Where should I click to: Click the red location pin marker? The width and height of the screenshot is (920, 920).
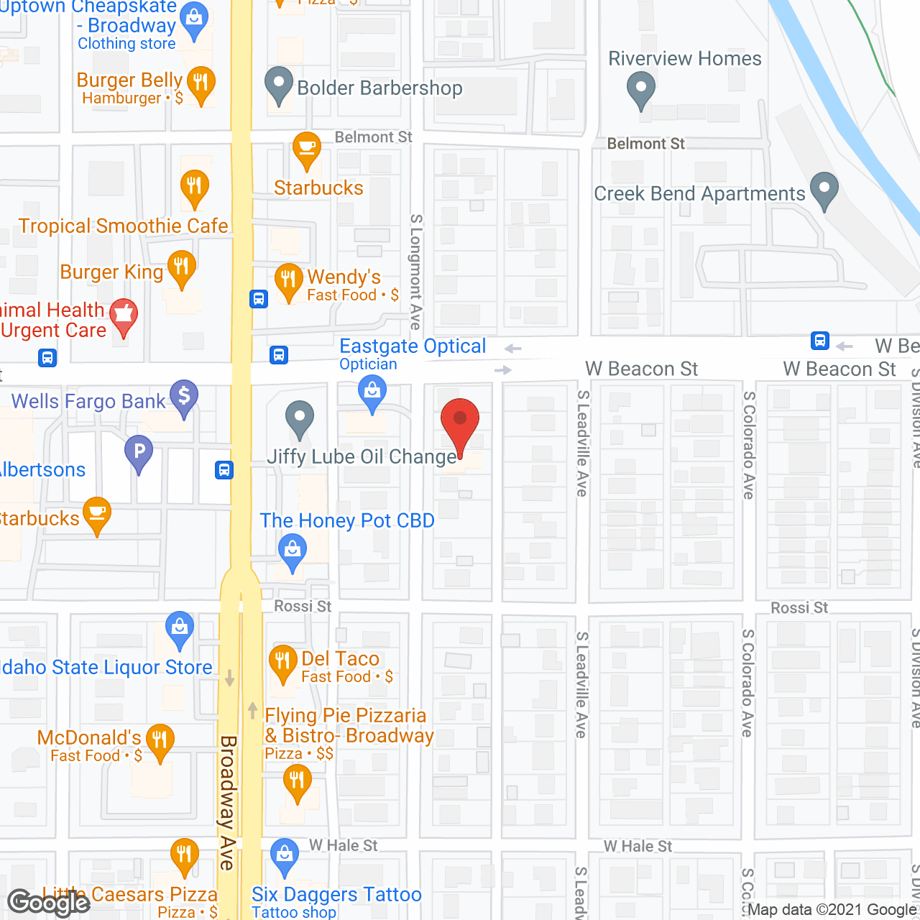pos(460,423)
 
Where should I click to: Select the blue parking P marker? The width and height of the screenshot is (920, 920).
pos(139,453)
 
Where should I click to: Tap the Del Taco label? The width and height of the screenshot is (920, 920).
pos(340,658)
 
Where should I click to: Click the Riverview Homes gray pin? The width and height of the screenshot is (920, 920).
pos(640,91)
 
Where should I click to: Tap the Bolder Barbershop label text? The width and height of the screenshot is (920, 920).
pos(379,88)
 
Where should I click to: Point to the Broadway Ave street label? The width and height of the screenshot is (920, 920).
pos(228,801)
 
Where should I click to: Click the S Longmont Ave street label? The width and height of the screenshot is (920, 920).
pos(415,271)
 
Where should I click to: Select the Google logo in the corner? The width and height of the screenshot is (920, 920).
pos(49,902)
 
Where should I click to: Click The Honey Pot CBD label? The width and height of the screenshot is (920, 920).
pos(347,520)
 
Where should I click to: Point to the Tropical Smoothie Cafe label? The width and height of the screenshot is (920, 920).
pos(123,226)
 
